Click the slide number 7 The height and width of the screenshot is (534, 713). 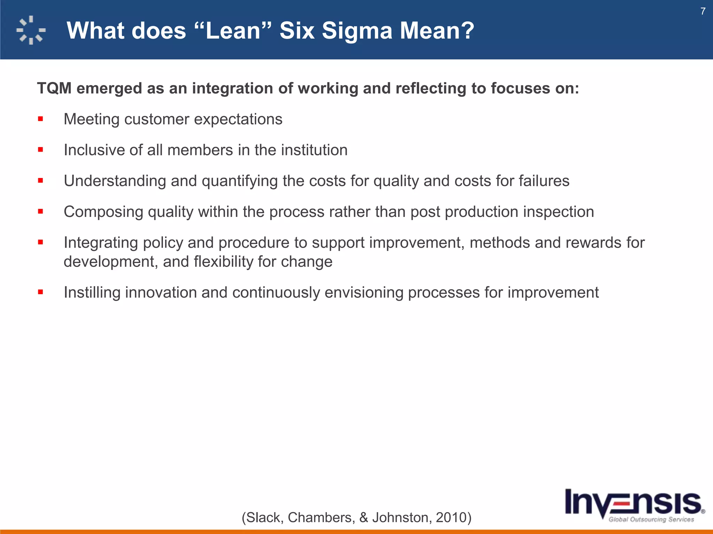[x=703, y=11]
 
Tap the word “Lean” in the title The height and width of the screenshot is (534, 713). [x=233, y=31]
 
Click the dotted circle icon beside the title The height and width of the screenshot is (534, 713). [x=31, y=30]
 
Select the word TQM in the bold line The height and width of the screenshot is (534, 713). [x=54, y=88]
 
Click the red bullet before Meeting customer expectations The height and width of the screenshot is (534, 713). [x=41, y=119]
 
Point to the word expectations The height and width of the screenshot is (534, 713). [x=238, y=119]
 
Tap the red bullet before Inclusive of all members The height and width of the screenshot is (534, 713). [x=41, y=150]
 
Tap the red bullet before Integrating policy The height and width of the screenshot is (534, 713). [x=41, y=242]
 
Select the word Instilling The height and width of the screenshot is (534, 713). [x=92, y=292]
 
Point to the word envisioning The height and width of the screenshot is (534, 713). [x=363, y=292]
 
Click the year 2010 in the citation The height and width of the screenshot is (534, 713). [x=451, y=517]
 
